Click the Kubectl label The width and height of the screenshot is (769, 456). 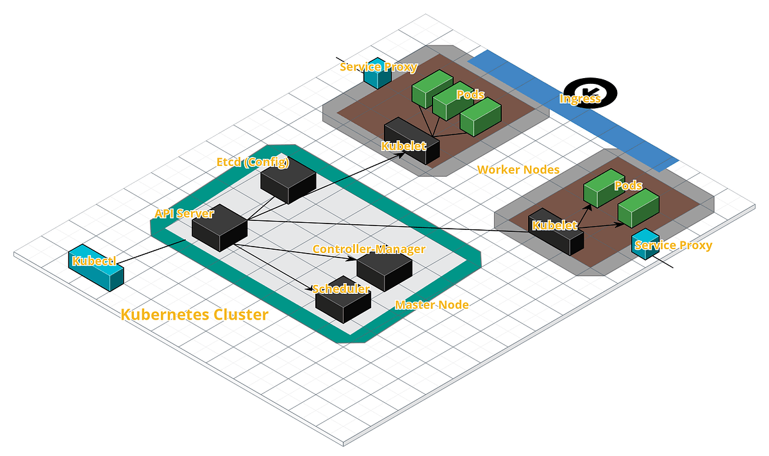click(94, 261)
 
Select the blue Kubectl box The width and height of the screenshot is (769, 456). click(95, 268)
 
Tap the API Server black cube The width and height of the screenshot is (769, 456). click(220, 228)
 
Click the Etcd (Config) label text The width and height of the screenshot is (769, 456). click(252, 162)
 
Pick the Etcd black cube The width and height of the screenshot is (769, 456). click(288, 181)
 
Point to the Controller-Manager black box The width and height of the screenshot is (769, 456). click(384, 272)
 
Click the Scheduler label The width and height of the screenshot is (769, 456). click(341, 289)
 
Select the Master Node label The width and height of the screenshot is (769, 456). click(432, 305)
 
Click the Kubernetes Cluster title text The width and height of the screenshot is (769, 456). click(194, 314)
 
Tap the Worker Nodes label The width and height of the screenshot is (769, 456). click(518, 170)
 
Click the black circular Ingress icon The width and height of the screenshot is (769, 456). click(590, 93)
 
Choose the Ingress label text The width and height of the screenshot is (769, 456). click(580, 99)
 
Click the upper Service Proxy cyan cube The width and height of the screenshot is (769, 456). click(377, 74)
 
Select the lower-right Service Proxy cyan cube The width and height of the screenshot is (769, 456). click(645, 244)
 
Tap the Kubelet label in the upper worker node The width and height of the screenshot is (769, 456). click(404, 146)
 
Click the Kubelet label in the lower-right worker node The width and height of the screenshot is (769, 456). click(555, 225)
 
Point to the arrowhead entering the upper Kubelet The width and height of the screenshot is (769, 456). click(401, 154)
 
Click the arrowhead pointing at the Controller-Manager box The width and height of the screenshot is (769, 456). click(351, 259)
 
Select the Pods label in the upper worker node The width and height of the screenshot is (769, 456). click(470, 94)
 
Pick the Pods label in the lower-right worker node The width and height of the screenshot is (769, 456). click(628, 186)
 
